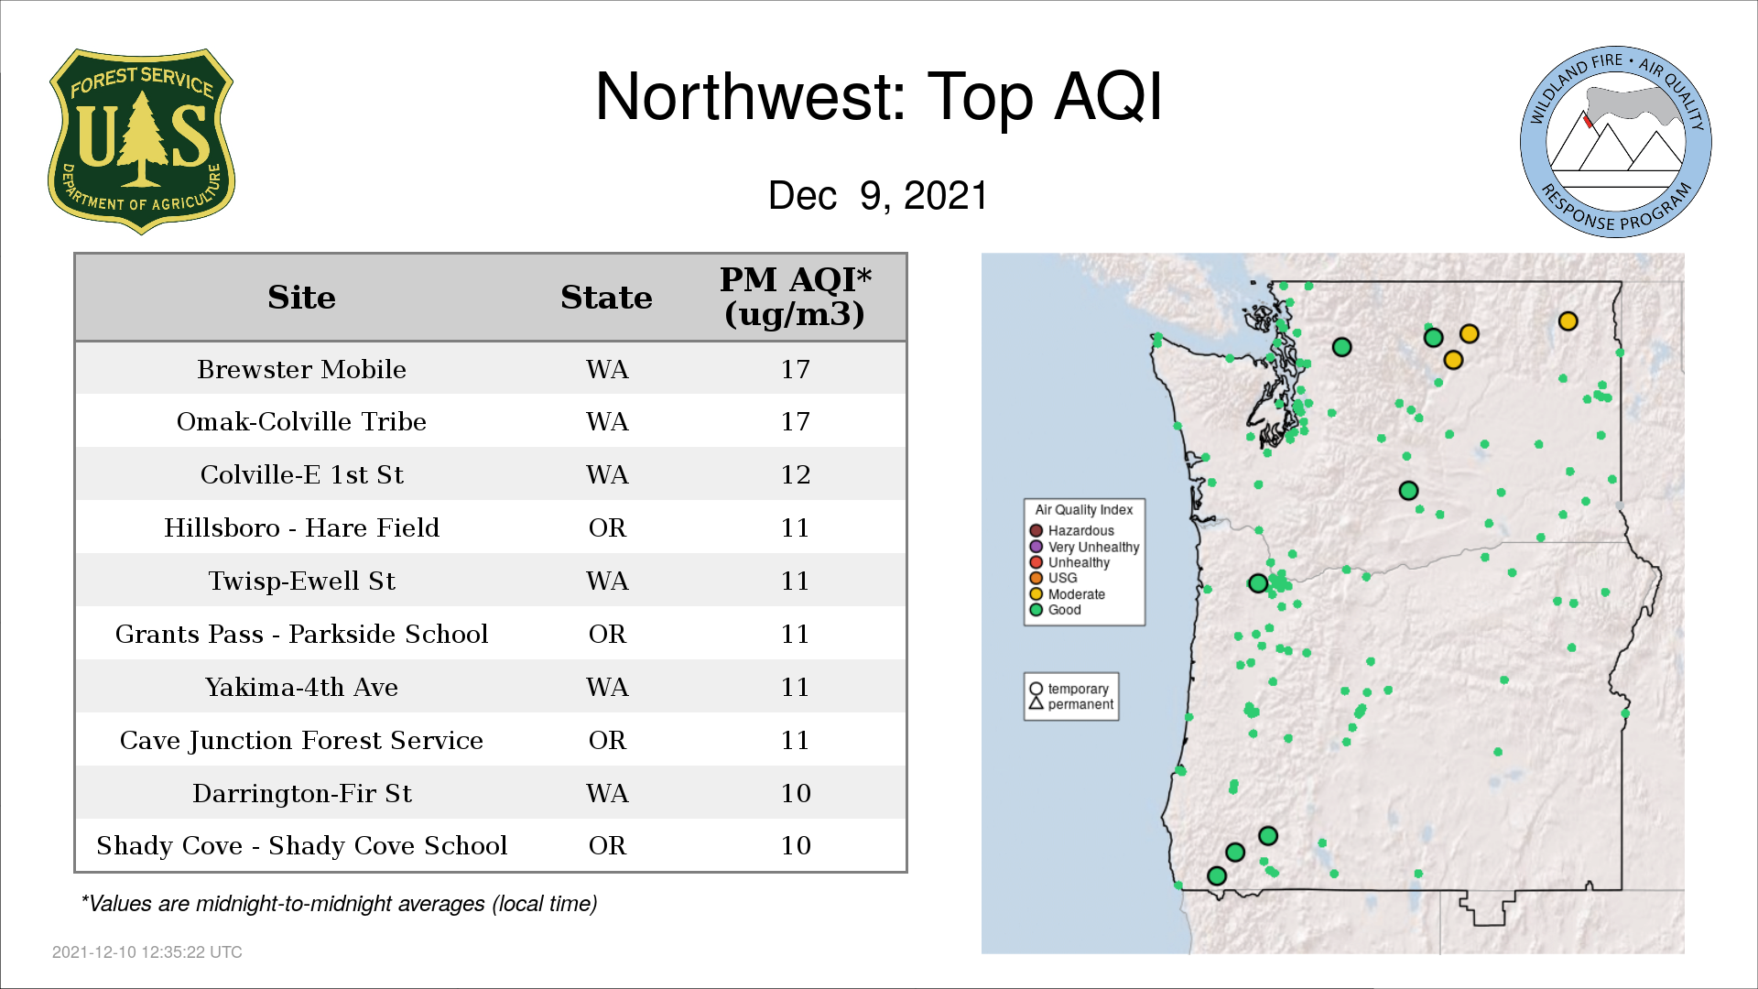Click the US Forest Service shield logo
click(x=141, y=142)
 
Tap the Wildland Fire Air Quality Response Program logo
click(x=1616, y=142)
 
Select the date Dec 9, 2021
click(x=878, y=195)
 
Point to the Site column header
click(x=301, y=298)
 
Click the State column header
click(x=606, y=298)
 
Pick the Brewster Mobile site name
click(x=301, y=369)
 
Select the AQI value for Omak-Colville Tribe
click(x=795, y=421)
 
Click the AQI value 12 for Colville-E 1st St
click(x=795, y=474)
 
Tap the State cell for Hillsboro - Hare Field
click(x=607, y=527)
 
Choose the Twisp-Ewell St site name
click(x=301, y=581)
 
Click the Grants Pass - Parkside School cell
click(x=301, y=634)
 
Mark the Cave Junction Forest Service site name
click(x=301, y=740)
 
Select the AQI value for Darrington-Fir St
click(x=795, y=793)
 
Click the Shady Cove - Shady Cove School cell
click(x=301, y=845)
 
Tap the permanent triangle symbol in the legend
click(x=1036, y=703)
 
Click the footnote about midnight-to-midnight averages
click(x=339, y=904)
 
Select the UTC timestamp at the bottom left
click(x=147, y=952)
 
